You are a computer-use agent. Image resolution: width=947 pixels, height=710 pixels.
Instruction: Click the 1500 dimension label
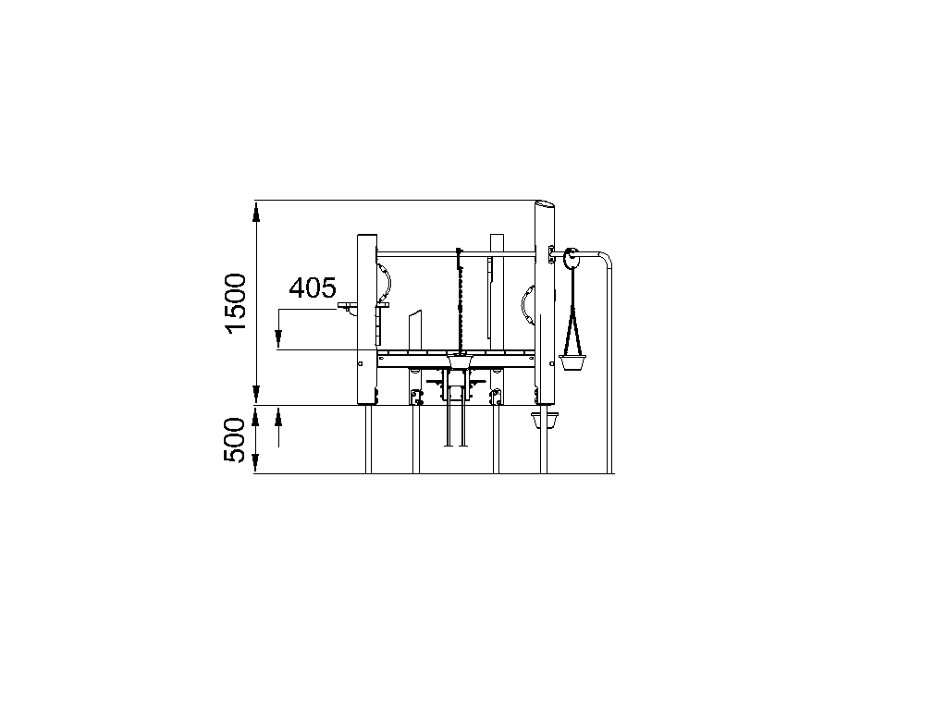(236, 302)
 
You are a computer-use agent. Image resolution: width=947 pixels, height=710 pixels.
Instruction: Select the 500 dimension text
(236, 439)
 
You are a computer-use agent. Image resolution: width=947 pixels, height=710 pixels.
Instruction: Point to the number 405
(313, 288)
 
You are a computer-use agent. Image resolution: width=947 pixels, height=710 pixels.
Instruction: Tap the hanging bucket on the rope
(572, 362)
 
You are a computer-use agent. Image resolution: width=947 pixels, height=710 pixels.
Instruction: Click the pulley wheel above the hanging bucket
(571, 260)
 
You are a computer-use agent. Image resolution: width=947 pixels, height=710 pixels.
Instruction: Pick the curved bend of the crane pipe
(606, 258)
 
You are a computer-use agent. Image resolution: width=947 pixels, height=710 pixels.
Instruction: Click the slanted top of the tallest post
(545, 205)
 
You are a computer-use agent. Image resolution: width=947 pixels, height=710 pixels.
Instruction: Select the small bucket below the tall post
(544, 421)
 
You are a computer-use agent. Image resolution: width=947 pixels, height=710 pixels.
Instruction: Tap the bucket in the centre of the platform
(460, 361)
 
